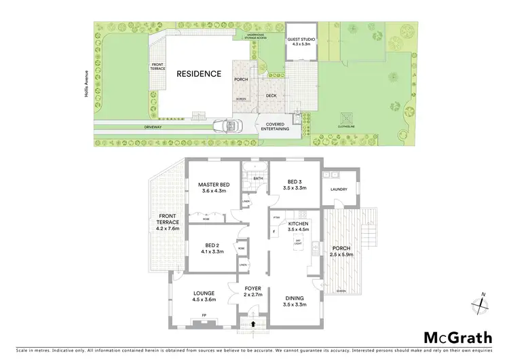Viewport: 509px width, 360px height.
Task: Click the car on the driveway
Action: [x=224, y=126]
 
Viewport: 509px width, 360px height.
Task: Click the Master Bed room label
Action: [x=212, y=187]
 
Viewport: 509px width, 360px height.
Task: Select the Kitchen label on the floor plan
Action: [x=298, y=227]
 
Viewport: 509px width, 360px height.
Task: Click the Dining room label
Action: [x=295, y=302]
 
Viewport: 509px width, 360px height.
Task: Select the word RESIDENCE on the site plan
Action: [x=199, y=73]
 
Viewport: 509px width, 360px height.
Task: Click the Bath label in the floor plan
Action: [x=258, y=178]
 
